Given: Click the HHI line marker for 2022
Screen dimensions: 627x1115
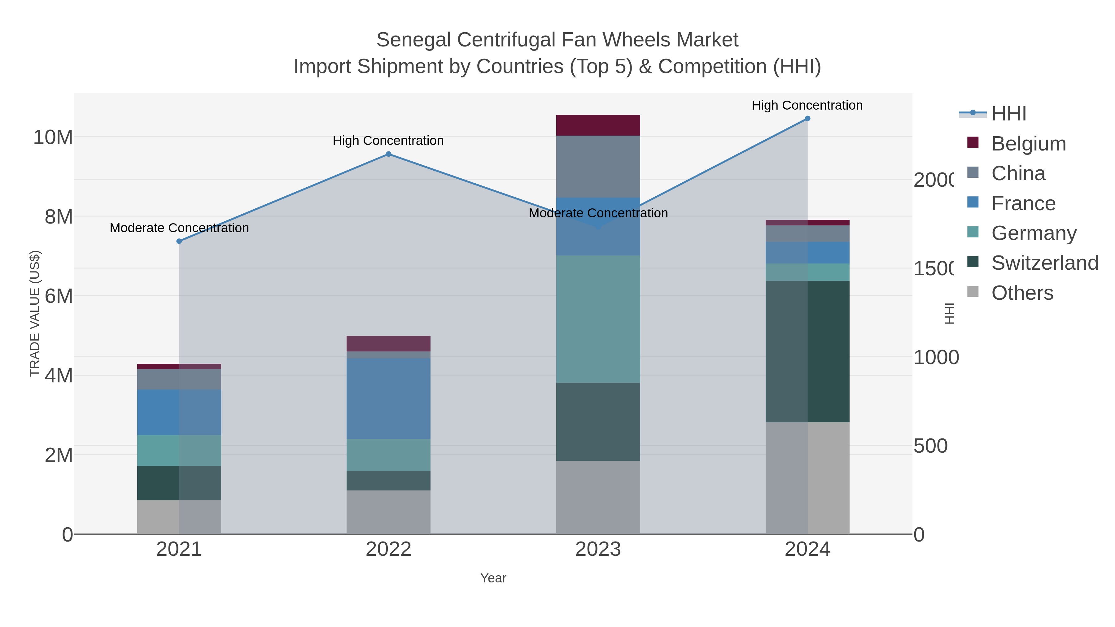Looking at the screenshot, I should pos(388,154).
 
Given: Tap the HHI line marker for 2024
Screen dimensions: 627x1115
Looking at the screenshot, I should pos(807,119).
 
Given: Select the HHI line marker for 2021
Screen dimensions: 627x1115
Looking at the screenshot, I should pos(179,241).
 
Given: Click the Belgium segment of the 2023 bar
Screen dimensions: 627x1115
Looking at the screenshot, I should pos(598,125).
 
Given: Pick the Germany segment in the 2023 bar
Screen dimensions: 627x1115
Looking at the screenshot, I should pos(598,319).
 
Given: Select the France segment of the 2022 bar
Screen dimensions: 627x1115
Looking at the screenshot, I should pos(388,398).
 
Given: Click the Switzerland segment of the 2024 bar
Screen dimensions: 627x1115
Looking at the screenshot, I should pos(807,351).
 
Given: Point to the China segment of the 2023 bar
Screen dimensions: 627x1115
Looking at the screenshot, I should pos(598,167).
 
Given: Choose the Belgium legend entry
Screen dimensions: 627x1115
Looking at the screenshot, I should pos(1028,144).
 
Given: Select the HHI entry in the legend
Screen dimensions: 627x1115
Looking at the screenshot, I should pos(1008,114).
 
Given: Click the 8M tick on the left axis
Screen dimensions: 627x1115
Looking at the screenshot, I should pos(59,217).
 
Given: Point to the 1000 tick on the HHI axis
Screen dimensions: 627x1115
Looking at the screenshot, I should pos(936,357).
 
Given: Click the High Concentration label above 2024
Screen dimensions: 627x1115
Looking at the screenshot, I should pos(807,105).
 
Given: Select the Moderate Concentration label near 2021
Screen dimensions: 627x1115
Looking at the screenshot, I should pos(179,228).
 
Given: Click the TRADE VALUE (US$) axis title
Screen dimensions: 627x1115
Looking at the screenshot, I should pos(35,313).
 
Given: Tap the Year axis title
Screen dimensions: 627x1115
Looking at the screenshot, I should pos(493,578).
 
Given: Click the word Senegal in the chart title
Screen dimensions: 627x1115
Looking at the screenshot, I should pos(413,40).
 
